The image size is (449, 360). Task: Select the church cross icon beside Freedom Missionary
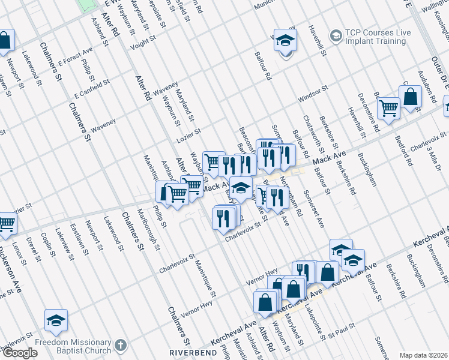click(121, 346)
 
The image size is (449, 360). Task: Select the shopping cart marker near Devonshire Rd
click(389, 108)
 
